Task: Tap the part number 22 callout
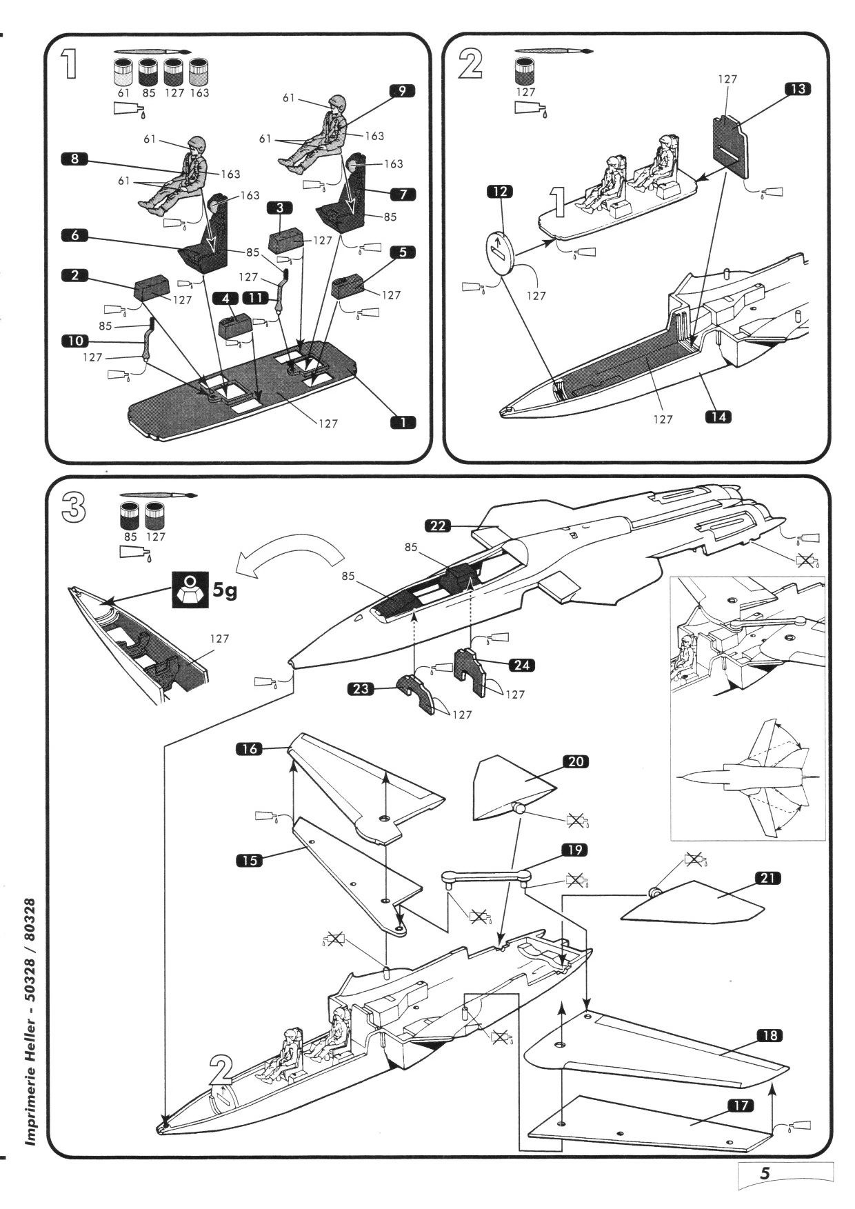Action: pyautogui.click(x=439, y=526)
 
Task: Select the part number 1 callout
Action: pyautogui.click(x=403, y=422)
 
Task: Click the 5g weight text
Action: pyautogui.click(x=225, y=590)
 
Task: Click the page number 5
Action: pyautogui.click(x=765, y=1172)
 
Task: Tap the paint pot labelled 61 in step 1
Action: pyautogui.click(x=124, y=71)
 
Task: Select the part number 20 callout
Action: pyautogui.click(x=576, y=761)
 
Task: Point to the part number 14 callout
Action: pyautogui.click(x=718, y=417)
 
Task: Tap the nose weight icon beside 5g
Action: pyautogui.click(x=189, y=590)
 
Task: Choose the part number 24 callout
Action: pyautogui.click(x=522, y=665)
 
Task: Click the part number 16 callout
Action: pyautogui.click(x=250, y=748)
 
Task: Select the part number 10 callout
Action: pyautogui.click(x=75, y=341)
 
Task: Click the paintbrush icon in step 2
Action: pyautogui.click(x=554, y=51)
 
